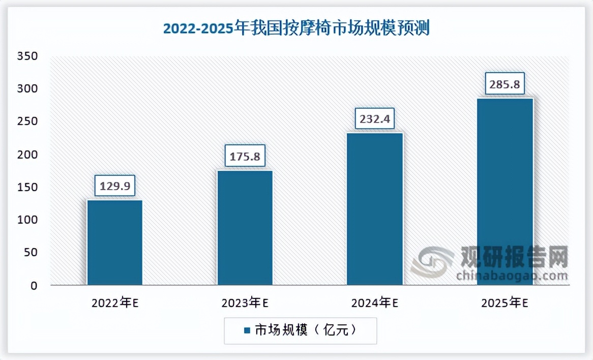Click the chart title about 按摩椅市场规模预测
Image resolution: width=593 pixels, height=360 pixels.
pyautogui.click(x=296, y=28)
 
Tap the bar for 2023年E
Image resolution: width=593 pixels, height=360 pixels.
pyautogui.click(x=245, y=227)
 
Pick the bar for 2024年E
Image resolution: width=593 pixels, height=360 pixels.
pyautogui.click(x=375, y=208)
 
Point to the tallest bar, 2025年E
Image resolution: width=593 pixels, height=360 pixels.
pyautogui.click(x=505, y=191)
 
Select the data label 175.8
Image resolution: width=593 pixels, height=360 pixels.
pyautogui.click(x=245, y=156)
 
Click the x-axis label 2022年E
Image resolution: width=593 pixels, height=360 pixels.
pyautogui.click(x=115, y=304)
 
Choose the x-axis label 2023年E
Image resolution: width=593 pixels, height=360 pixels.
pyautogui.click(x=245, y=304)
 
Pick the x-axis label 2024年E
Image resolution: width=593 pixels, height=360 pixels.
pyautogui.click(x=375, y=304)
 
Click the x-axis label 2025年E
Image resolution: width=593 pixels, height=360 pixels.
pyautogui.click(x=505, y=304)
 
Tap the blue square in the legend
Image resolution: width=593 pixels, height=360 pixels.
pyautogui.click(x=247, y=331)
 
